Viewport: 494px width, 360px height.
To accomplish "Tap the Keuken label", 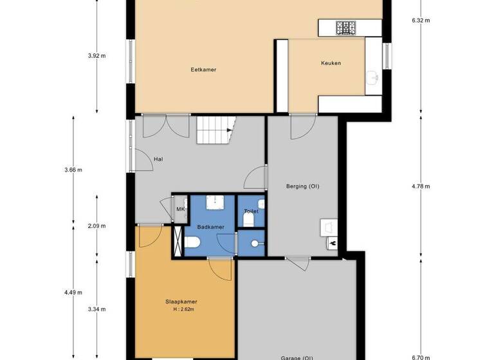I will pos(331,63).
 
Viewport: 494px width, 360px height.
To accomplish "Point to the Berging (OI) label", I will pos(302,186).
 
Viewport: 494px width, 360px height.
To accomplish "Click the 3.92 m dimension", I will pos(96,56).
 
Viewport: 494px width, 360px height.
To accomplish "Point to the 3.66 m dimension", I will pos(74,170).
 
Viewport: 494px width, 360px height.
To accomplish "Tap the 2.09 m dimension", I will pos(96,226).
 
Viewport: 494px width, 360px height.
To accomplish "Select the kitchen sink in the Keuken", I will pos(372,78).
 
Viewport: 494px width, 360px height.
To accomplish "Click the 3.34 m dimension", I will pos(96,309).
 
